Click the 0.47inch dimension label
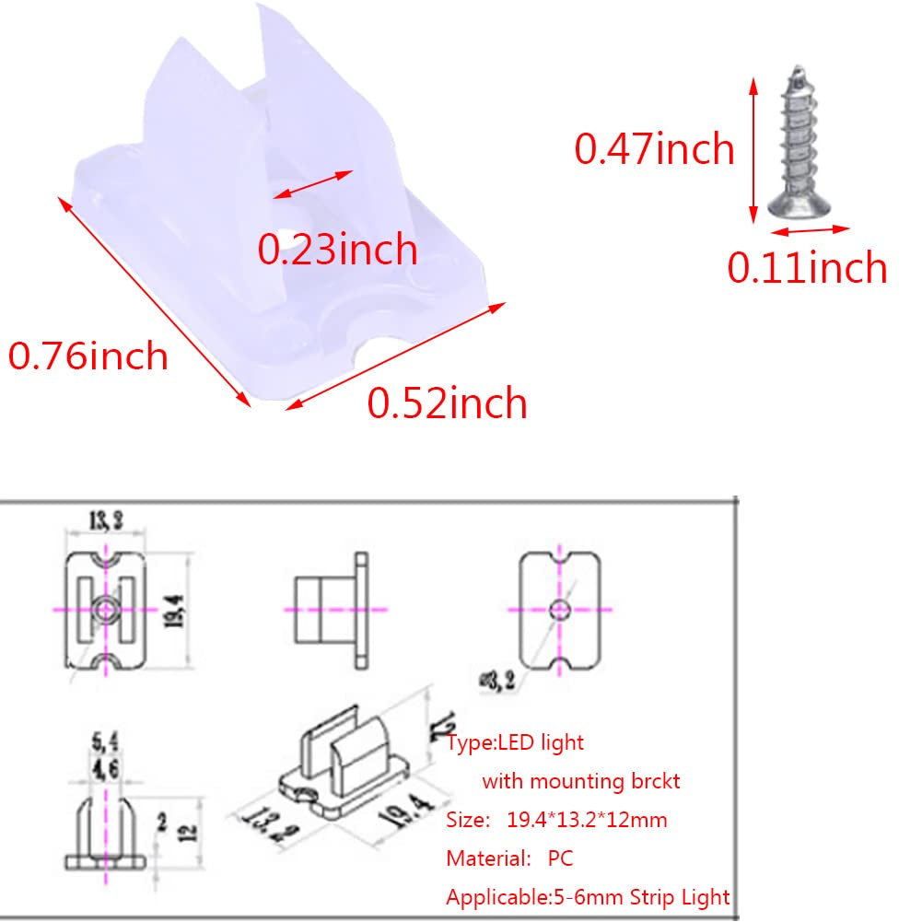coord(654,149)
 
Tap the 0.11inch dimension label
coord(807,267)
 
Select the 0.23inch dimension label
coord(337,250)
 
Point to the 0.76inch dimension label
coord(88,356)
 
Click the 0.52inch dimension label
coord(448,403)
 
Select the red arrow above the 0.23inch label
coord(314,183)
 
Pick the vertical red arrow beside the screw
coord(754,151)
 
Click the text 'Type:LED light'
coord(516,741)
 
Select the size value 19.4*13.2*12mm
coord(587,820)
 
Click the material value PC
coord(560,858)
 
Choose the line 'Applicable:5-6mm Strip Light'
coord(588,897)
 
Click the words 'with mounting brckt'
coord(581,781)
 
